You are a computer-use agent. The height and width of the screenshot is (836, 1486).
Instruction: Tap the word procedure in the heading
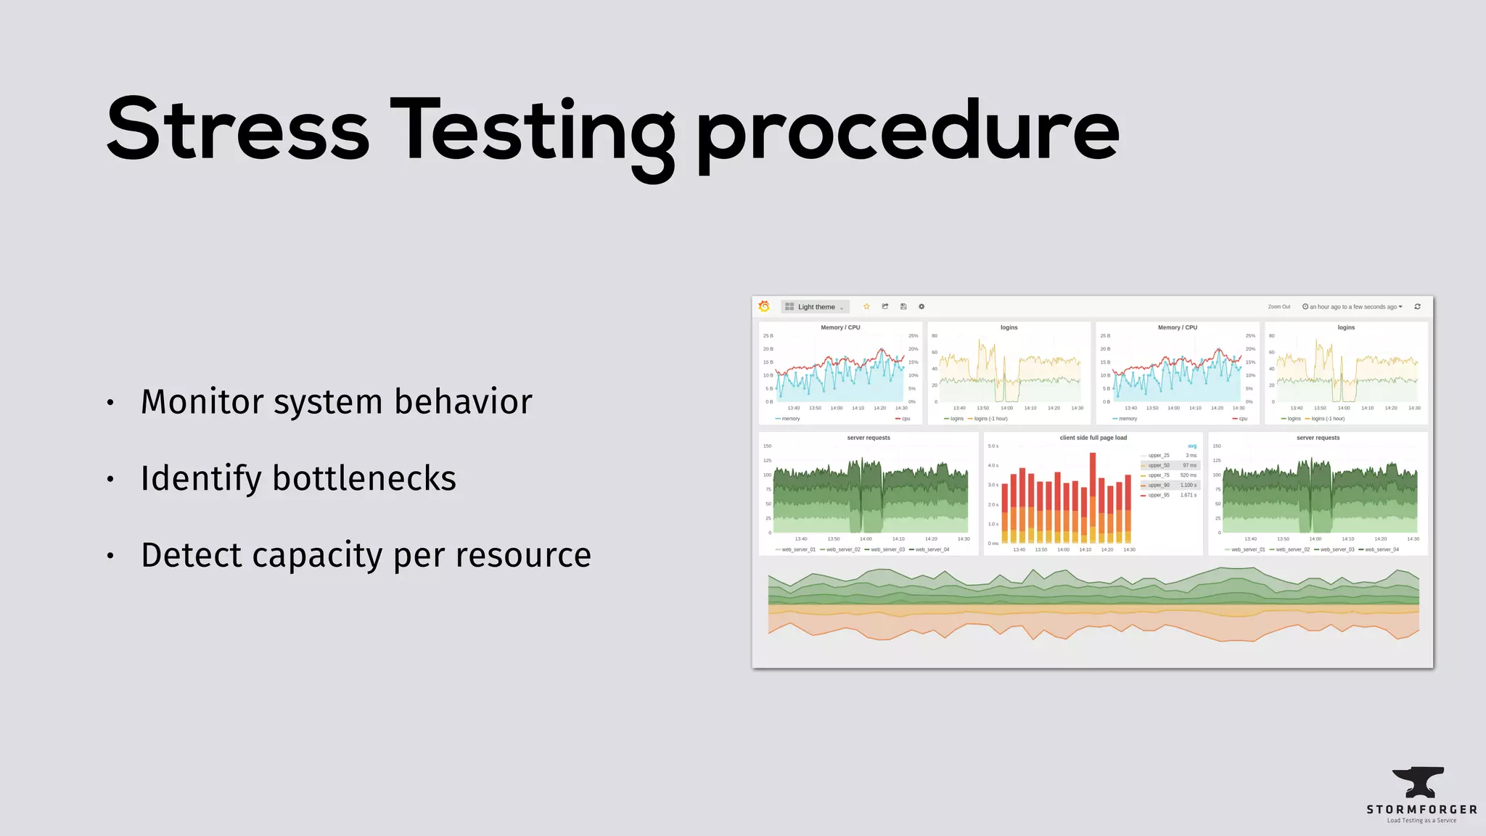(907, 134)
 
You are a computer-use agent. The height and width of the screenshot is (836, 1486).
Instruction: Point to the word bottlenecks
(364, 478)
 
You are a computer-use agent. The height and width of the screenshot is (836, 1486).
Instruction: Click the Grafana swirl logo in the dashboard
(764, 306)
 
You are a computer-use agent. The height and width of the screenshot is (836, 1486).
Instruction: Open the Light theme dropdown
(816, 307)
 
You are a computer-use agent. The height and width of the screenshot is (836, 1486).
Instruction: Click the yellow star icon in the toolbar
(866, 306)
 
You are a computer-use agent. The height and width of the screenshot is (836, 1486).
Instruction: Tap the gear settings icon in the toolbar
(921, 306)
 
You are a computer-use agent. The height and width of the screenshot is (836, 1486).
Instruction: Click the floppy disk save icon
(903, 306)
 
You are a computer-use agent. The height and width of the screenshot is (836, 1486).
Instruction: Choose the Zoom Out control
(1278, 307)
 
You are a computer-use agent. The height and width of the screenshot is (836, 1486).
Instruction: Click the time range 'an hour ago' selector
(1352, 307)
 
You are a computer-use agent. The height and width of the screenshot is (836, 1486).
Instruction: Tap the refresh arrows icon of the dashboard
(1417, 306)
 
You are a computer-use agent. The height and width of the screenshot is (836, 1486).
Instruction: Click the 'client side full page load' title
(1093, 438)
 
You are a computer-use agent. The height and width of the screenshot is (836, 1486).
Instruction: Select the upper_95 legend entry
(1159, 495)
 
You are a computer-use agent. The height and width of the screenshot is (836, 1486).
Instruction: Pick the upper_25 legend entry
(1159, 456)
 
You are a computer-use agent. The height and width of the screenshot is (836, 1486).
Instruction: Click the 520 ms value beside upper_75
(1188, 475)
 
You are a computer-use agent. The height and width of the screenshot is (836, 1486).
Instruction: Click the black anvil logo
(1419, 782)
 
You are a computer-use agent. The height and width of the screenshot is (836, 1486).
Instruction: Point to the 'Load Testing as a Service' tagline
(1421, 821)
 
